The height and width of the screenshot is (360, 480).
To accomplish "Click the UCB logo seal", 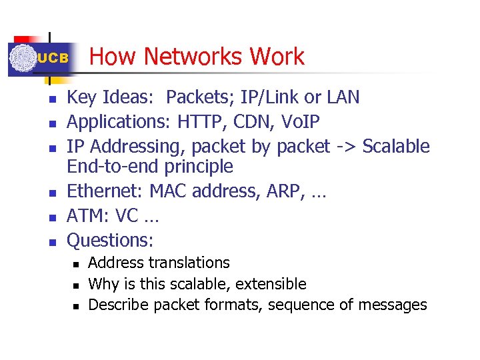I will (x=22, y=59).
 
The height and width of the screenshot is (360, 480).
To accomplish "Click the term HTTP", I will (x=202, y=122).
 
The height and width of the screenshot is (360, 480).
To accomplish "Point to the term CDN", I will (x=252, y=122).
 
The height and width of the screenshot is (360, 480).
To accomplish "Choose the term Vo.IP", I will (x=300, y=122).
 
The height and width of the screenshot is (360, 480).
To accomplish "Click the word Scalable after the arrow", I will (x=396, y=146).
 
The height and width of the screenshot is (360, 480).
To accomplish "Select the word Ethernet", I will (x=103, y=193).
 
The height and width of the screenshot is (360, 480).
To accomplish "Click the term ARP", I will (x=293, y=193).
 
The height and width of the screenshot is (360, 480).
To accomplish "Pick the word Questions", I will (x=111, y=240).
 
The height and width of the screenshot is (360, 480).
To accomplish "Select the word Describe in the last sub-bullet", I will (x=119, y=305).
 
